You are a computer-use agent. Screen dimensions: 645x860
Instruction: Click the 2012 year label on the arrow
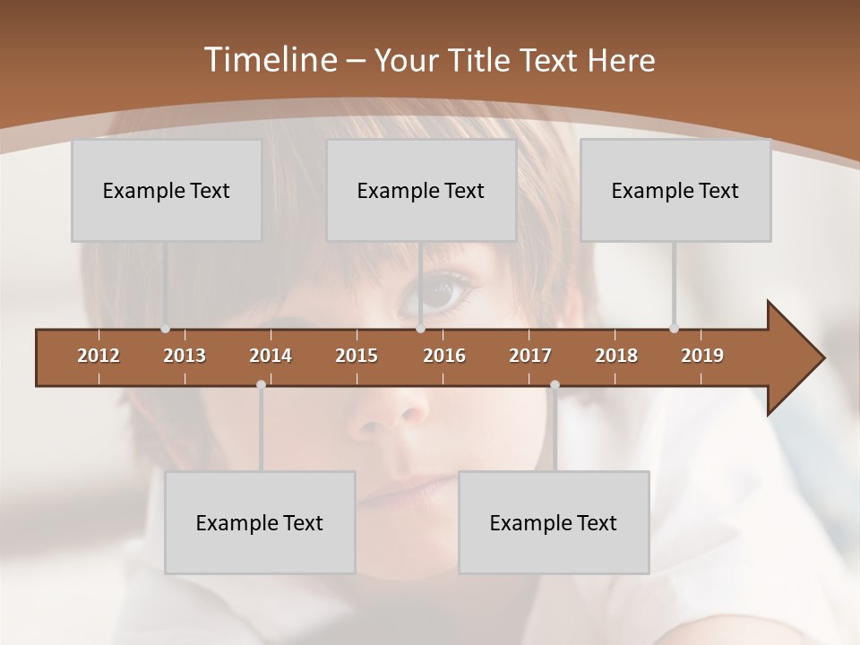coord(99,356)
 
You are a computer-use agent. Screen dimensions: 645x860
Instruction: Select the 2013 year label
coord(185,356)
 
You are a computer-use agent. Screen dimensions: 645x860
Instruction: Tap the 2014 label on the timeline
coord(271,356)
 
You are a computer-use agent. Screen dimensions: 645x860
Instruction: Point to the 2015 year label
coord(357,356)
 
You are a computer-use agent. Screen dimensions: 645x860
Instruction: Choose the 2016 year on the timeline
coord(444,356)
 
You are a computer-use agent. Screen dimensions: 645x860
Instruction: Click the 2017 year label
coord(530,356)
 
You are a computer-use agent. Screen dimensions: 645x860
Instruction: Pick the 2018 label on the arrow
coord(616,356)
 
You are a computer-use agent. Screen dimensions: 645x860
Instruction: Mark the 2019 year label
coord(702,356)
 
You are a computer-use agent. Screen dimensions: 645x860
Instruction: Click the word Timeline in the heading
coord(269,60)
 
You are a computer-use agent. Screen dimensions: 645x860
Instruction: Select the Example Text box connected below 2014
coord(260,522)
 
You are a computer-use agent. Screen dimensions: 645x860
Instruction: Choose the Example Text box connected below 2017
coord(554,522)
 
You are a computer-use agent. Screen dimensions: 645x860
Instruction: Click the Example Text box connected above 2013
coord(167,190)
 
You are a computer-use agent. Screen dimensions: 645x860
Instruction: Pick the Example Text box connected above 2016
coord(421,190)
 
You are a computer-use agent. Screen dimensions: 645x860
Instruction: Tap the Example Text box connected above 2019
coord(675,190)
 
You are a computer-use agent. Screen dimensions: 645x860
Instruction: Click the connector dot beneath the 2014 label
coord(261,384)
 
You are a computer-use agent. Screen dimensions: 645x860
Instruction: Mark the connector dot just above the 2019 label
coord(674,328)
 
